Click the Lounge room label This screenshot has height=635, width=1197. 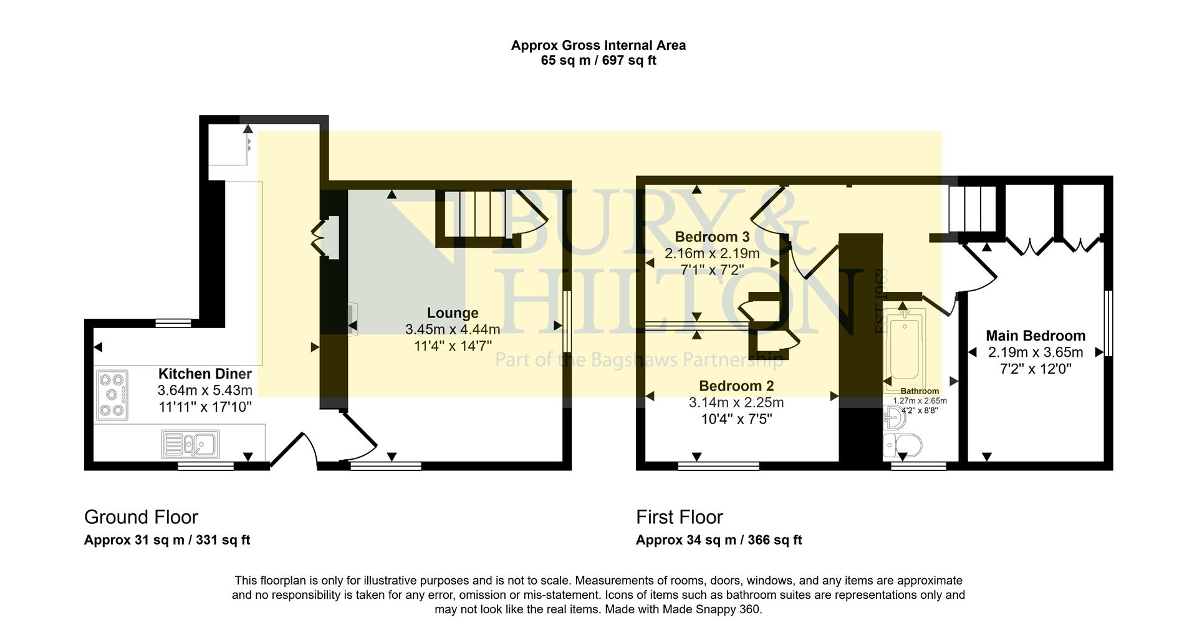(453, 313)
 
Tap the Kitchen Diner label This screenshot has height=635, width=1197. (204, 374)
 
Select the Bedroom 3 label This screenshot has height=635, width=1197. (712, 237)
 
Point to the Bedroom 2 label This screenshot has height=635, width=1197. (736, 385)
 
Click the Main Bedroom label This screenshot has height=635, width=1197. (1035, 336)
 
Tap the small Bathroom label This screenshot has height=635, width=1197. (919, 391)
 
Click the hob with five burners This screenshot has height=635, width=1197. (112, 395)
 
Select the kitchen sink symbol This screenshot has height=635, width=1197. (190, 444)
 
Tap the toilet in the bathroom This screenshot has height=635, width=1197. (903, 447)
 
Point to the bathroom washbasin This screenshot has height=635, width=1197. (895, 417)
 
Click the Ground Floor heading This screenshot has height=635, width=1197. (141, 517)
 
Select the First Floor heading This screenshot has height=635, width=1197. (679, 517)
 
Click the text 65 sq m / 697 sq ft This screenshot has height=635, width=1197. (598, 61)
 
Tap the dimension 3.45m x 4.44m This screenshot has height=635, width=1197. (453, 329)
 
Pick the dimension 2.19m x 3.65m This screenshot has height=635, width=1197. (1035, 352)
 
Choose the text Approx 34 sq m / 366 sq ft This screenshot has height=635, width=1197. (718, 540)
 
